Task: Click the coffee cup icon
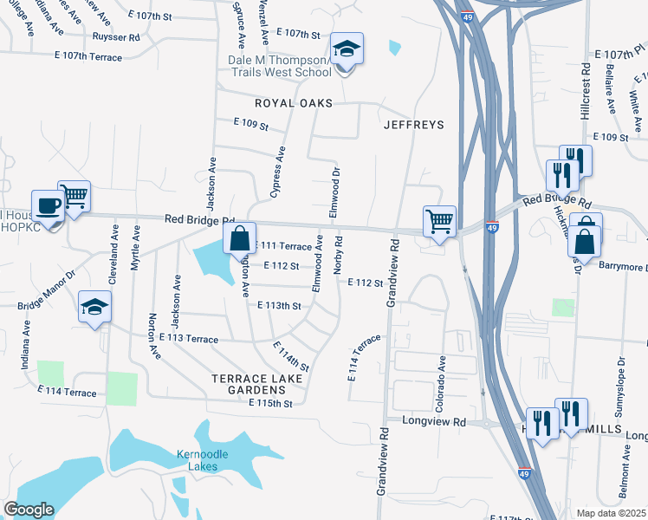pos(48,206)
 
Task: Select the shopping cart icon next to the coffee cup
pos(75,197)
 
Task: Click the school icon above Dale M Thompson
pos(347,49)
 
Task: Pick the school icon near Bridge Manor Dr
pos(95,308)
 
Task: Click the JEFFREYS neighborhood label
pos(414,125)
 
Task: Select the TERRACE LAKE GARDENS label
pos(258,386)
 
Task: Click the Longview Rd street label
pos(434,421)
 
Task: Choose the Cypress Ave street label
pos(278,172)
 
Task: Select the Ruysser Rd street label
pos(115,37)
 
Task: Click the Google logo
pos(29,510)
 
